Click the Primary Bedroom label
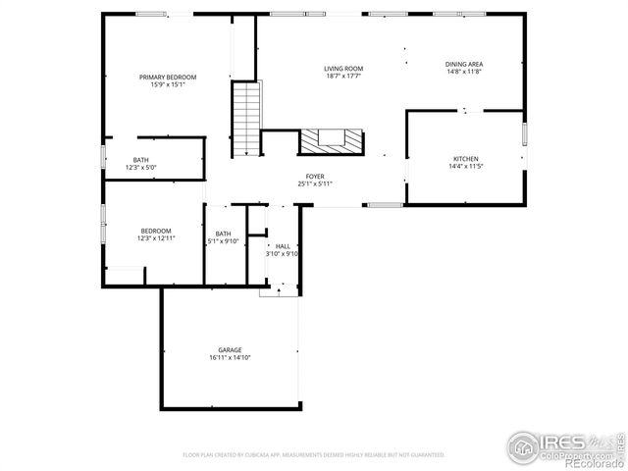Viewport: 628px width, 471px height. pyautogui.click(x=167, y=78)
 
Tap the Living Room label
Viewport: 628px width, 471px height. pyautogui.click(x=343, y=69)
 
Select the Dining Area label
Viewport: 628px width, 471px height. pyautogui.click(x=464, y=65)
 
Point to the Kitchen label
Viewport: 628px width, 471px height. pyautogui.click(x=465, y=159)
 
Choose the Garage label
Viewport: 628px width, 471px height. pyautogui.click(x=230, y=350)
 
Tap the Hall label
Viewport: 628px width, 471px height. pyautogui.click(x=283, y=246)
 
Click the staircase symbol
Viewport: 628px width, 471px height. pyautogui.click(x=245, y=119)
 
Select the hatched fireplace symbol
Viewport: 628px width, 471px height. pyautogui.click(x=331, y=141)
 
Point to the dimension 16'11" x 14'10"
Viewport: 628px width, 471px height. pyautogui.click(x=230, y=358)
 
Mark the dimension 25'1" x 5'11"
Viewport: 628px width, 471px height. pyautogui.click(x=316, y=184)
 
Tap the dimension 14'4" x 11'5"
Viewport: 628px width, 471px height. pyautogui.click(x=465, y=166)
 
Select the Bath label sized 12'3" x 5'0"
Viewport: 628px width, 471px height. pyautogui.click(x=141, y=160)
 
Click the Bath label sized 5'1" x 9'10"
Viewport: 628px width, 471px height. pyautogui.click(x=224, y=234)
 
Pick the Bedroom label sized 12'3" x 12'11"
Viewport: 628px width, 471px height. pyautogui.click(x=155, y=232)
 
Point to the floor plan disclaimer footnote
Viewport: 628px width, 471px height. pyautogui.click(x=314, y=455)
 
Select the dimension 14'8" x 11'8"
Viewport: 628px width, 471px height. pyautogui.click(x=464, y=72)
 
